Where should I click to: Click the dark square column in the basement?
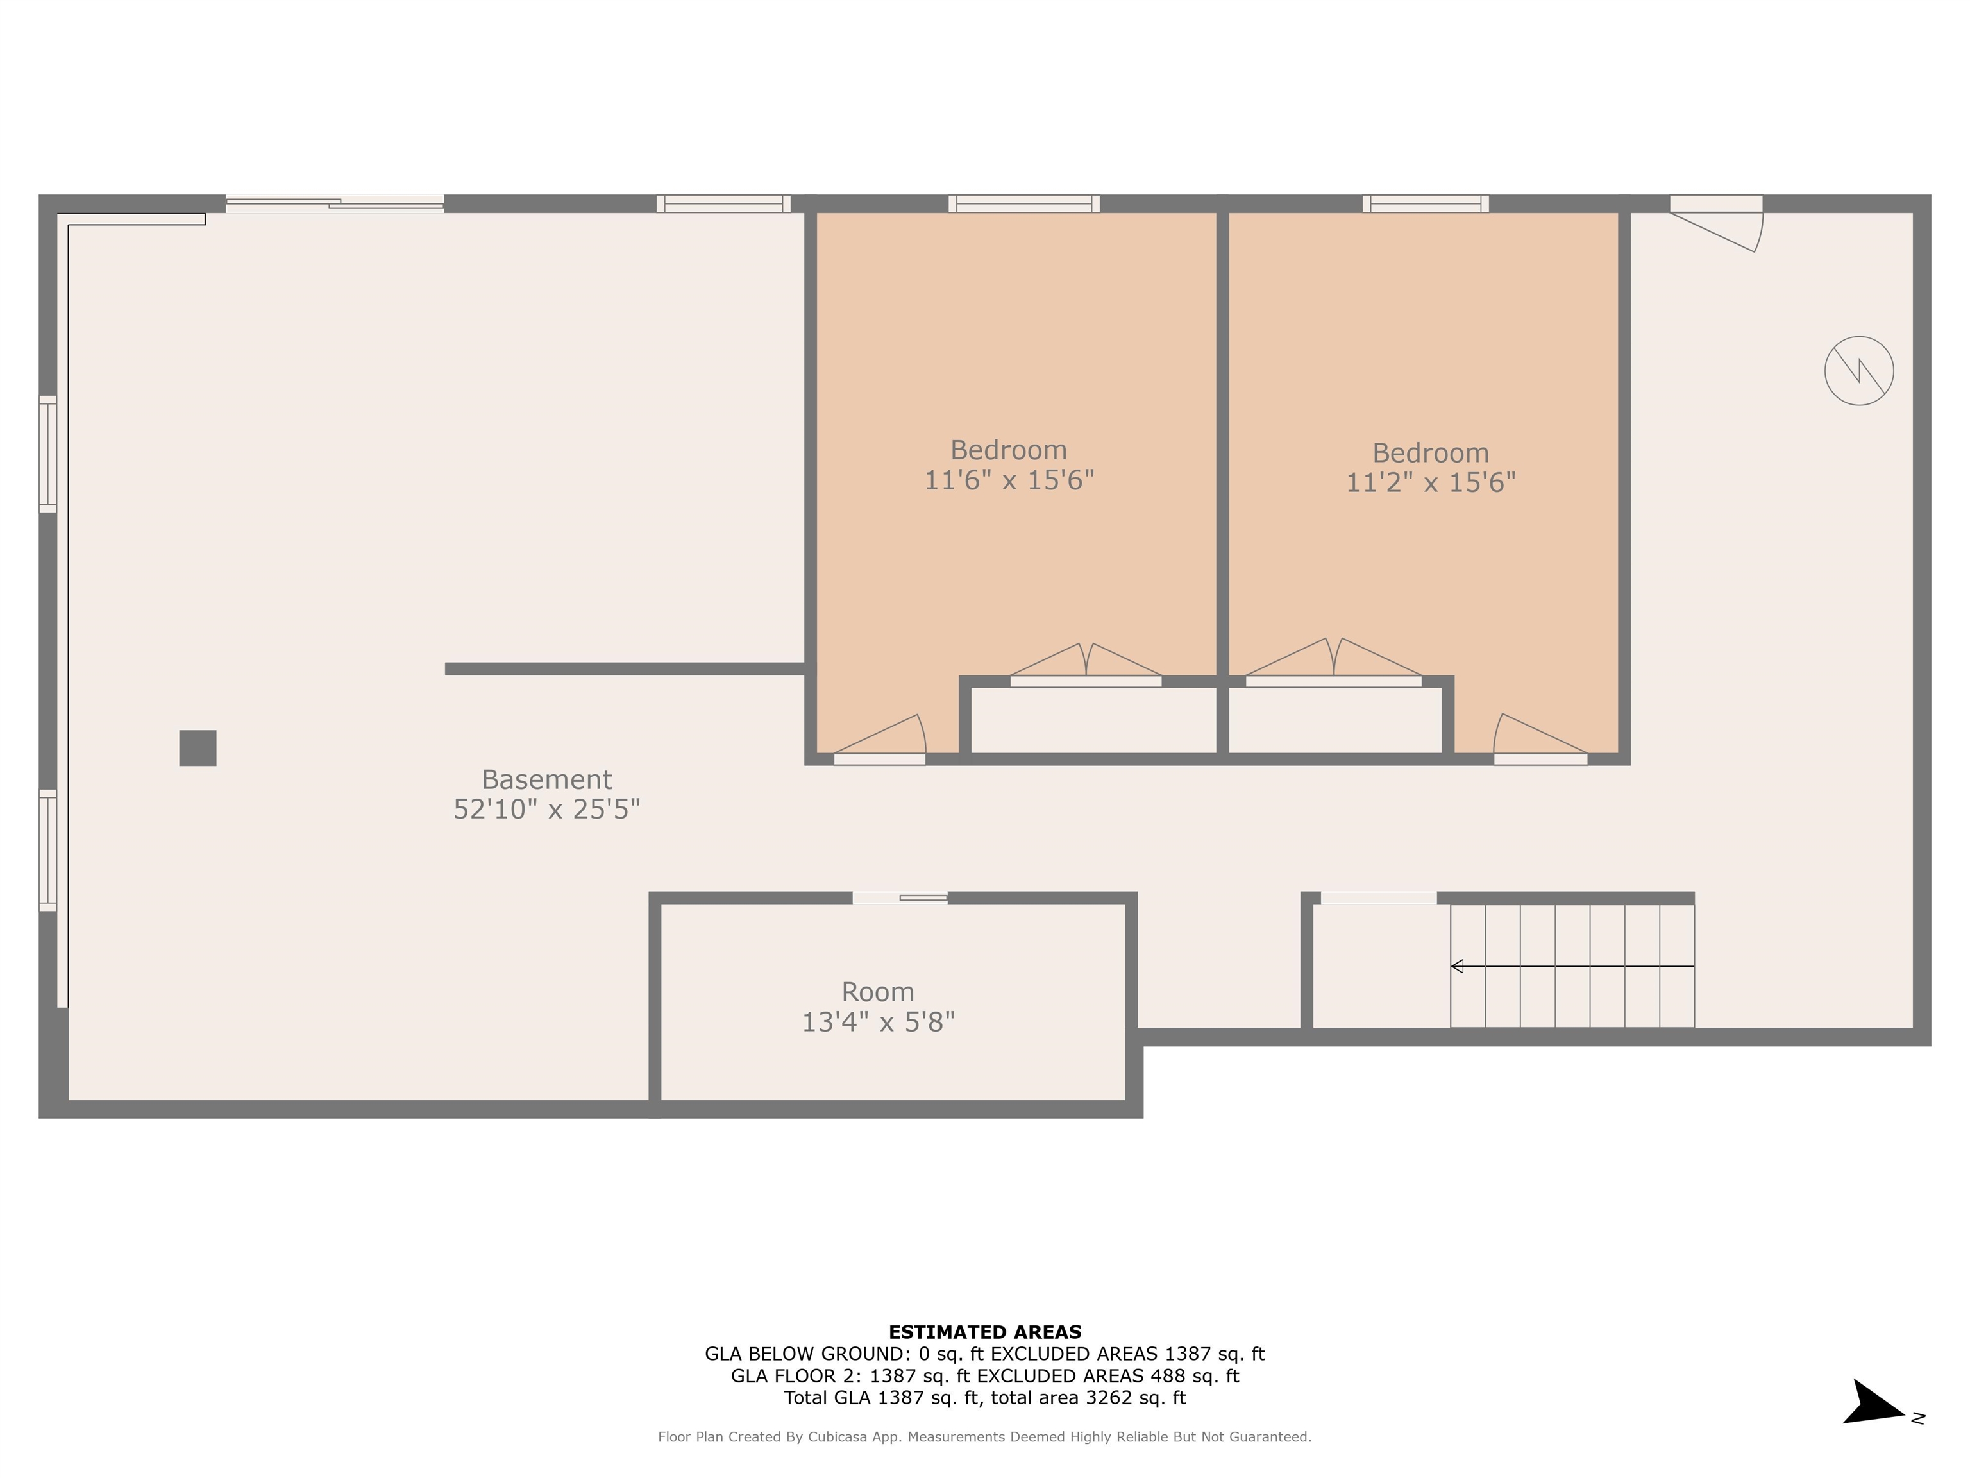point(198,747)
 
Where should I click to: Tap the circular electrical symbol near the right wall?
point(1858,371)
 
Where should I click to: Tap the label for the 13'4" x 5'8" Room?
point(877,992)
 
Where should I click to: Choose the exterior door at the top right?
point(1716,222)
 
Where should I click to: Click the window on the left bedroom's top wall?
point(1023,203)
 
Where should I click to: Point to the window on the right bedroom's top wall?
point(1425,203)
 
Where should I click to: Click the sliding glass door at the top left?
point(335,204)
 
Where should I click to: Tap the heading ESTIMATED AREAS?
point(984,1332)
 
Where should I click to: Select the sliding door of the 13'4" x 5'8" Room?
point(900,897)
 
